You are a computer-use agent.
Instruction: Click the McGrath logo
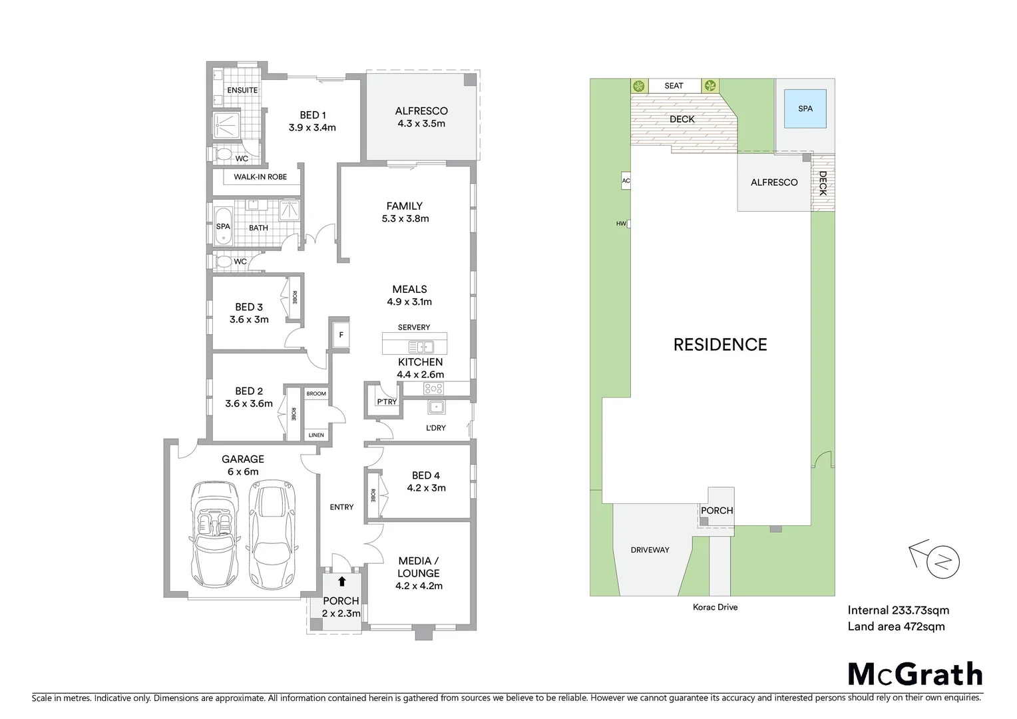tap(915, 674)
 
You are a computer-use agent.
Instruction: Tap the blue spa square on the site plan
tap(805, 109)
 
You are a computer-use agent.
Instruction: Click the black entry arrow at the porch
tap(341, 582)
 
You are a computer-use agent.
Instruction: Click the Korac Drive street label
tap(715, 607)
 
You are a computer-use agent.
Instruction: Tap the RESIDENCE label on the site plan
tap(720, 345)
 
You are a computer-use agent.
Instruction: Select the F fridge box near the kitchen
tap(341, 335)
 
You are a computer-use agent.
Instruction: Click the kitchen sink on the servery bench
tap(421, 347)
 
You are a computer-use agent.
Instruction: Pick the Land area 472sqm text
tap(896, 626)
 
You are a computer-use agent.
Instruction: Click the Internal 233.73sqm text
tap(898, 610)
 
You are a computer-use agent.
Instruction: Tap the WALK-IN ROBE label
tap(260, 177)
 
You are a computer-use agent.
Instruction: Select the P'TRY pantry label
tap(386, 402)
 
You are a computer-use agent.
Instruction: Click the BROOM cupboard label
tap(316, 393)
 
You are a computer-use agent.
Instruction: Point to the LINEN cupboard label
tap(316, 435)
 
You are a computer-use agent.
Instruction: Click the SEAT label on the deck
tap(674, 86)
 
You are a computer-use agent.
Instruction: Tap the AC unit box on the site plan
tap(626, 181)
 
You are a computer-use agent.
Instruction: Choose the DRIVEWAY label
tap(650, 550)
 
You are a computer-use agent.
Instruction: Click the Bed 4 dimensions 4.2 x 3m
tap(426, 488)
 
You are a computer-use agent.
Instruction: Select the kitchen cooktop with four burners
tap(433, 389)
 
